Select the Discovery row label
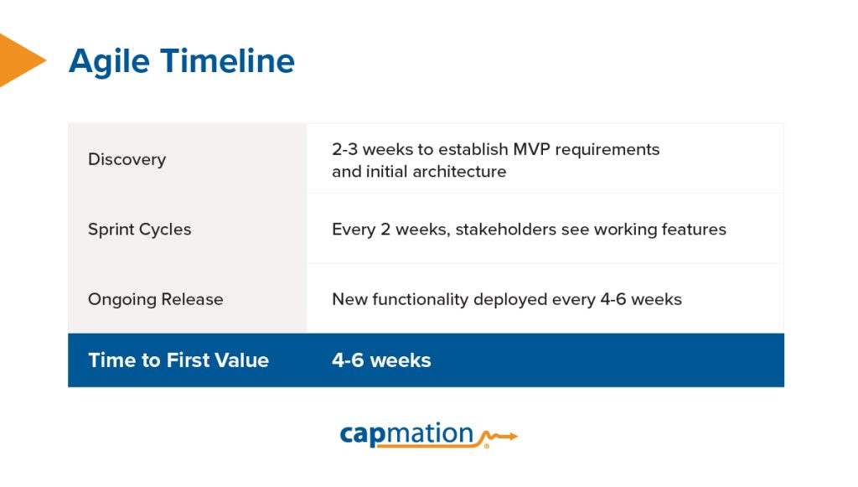[127, 159]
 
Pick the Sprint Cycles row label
[139, 230]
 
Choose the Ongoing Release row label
[155, 299]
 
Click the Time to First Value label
[178, 360]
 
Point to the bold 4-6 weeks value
[381, 360]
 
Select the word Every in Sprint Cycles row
[351, 230]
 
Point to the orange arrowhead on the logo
[513, 436]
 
